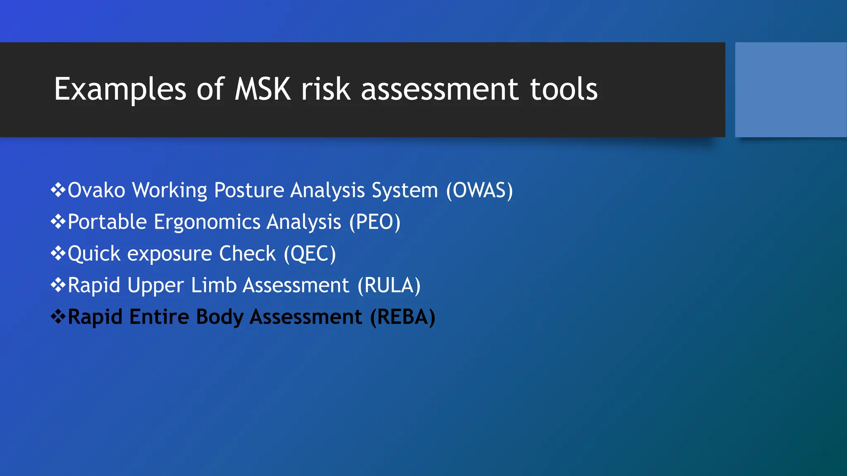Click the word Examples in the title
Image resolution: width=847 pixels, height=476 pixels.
120,89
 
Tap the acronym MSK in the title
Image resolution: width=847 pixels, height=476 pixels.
263,89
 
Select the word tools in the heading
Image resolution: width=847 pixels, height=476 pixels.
563,89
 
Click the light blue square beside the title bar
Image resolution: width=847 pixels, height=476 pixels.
790,89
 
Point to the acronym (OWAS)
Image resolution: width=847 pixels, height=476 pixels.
479,190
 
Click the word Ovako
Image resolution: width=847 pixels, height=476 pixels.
96,190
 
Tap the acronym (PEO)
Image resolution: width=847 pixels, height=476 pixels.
375,222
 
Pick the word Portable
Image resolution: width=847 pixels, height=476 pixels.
107,222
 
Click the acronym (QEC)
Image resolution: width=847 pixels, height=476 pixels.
310,254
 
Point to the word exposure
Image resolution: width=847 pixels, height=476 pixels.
170,254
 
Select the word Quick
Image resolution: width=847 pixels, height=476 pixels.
94,254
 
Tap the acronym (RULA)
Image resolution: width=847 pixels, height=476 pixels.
389,286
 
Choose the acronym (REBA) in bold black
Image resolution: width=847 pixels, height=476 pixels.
402,317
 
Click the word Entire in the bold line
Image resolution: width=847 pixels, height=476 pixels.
159,317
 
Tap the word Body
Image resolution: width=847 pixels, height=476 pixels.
220,317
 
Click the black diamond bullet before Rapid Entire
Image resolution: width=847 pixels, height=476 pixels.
58,317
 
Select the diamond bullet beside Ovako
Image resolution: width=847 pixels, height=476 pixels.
58,190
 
